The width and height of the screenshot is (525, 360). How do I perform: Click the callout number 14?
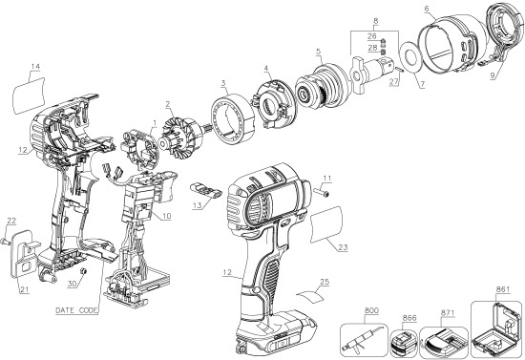click(35, 67)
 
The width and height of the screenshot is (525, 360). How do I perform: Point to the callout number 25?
click(324, 282)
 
